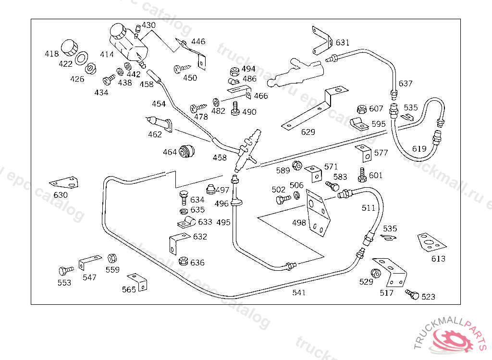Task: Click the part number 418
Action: pyautogui.click(x=52, y=54)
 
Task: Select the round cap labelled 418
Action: pyautogui.click(x=70, y=47)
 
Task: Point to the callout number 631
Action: pyautogui.click(x=343, y=42)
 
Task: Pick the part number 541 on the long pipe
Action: pyautogui.click(x=299, y=292)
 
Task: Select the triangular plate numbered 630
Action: pyautogui.click(x=63, y=182)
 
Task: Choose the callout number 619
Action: pyautogui.click(x=419, y=149)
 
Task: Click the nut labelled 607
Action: pyautogui.click(x=362, y=109)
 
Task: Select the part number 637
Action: pyautogui.click(x=406, y=84)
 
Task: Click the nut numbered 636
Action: pyautogui.click(x=183, y=262)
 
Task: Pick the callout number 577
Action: pyautogui.click(x=381, y=153)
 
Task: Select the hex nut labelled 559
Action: pyautogui.click(x=112, y=258)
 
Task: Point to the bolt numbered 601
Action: pyautogui.click(x=362, y=174)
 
